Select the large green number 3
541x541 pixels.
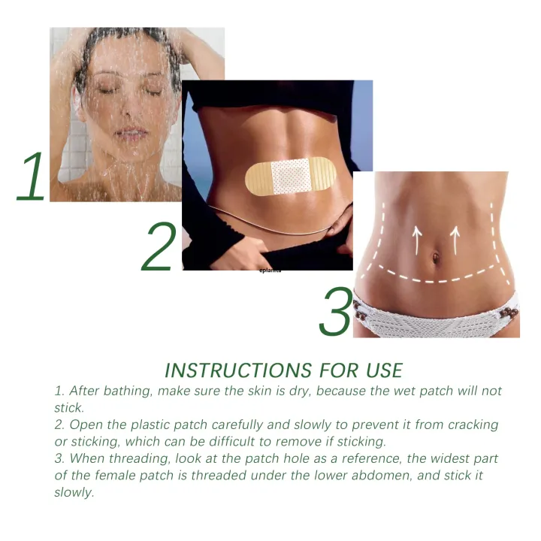tap(336, 312)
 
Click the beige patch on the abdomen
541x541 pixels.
tap(290, 176)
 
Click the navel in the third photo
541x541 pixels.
tap(436, 258)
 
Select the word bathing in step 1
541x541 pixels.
tap(124, 391)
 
